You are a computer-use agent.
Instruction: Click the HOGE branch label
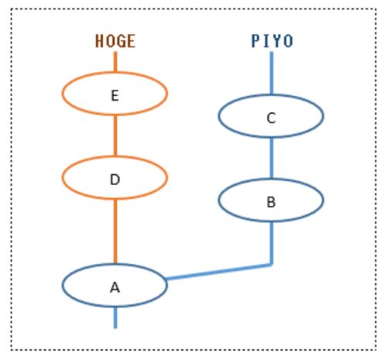(x=115, y=41)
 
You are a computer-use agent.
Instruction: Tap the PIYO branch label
(x=272, y=41)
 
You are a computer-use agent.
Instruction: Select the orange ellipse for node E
(x=62, y=94)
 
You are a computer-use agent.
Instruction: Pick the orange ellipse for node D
(x=62, y=177)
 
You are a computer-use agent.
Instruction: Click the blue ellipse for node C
(x=218, y=116)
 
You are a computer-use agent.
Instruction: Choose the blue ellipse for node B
(x=218, y=200)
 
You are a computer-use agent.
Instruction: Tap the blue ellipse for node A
(x=62, y=285)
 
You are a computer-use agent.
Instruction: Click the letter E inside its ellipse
(x=115, y=96)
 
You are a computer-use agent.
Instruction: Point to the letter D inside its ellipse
(x=115, y=180)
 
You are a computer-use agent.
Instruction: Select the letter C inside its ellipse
(x=271, y=118)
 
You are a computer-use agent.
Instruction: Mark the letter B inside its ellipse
(x=271, y=202)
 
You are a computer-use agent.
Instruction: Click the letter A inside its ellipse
(x=115, y=287)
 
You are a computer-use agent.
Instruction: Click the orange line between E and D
(x=115, y=135)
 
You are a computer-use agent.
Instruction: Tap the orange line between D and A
(x=115, y=231)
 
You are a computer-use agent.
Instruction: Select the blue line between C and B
(x=272, y=158)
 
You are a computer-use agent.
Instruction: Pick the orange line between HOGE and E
(x=115, y=62)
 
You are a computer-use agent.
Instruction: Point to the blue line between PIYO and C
(x=272, y=73)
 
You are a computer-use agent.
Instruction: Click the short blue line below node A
(x=115, y=317)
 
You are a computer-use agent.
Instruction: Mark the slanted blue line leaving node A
(x=219, y=272)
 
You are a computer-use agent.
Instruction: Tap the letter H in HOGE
(x=98, y=41)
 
